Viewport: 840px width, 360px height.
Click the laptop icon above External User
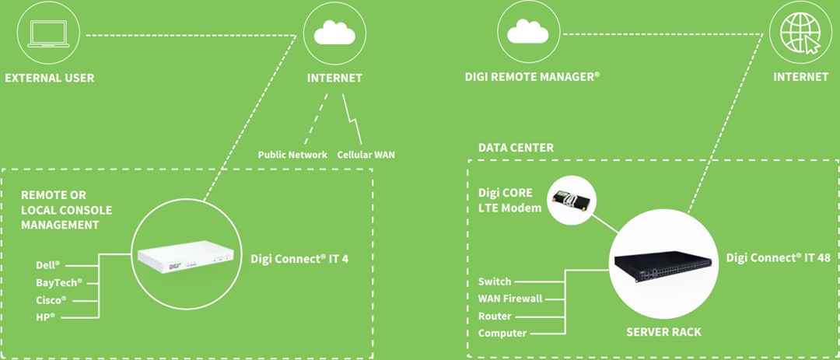49,34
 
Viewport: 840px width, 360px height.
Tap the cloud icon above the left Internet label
334,34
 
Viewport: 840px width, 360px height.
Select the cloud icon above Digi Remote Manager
529,33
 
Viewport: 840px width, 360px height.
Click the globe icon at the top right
800,33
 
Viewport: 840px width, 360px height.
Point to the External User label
49,78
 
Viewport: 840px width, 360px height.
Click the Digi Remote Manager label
532,77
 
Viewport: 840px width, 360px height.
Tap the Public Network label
292,154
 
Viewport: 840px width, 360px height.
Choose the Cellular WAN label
366,154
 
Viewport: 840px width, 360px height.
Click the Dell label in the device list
47,265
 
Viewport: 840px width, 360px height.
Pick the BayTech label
58,282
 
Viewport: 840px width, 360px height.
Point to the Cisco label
51,299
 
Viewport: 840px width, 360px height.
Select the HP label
45,316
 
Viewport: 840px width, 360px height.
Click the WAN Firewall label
509,299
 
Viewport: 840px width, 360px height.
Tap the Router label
495,316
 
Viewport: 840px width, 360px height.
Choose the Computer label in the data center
502,334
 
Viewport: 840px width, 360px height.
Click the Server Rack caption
663,332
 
